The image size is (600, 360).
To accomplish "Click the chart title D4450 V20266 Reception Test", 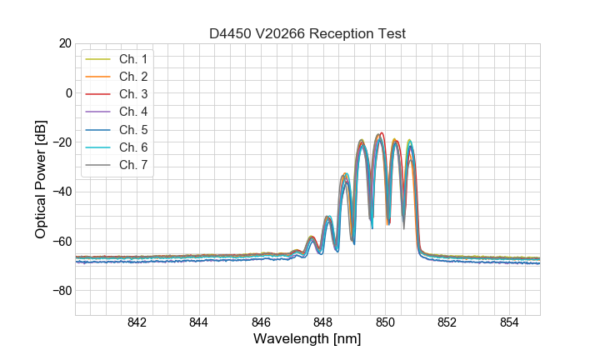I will pyautogui.click(x=307, y=33).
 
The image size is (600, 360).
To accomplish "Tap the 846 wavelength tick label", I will pyautogui.click(x=261, y=323).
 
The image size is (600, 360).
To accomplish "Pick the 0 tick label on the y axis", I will pyautogui.click(x=69, y=92).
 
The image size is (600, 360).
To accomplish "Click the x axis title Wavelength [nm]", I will pyautogui.click(x=307, y=339).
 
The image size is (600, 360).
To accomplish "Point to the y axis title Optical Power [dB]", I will pyautogui.click(x=40, y=179).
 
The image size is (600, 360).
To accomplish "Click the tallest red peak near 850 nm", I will pyautogui.click(x=382, y=134).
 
